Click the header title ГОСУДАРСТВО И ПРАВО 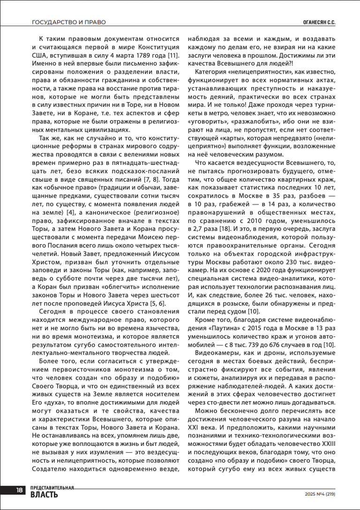[69, 22]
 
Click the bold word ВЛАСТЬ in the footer [45, 495]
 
